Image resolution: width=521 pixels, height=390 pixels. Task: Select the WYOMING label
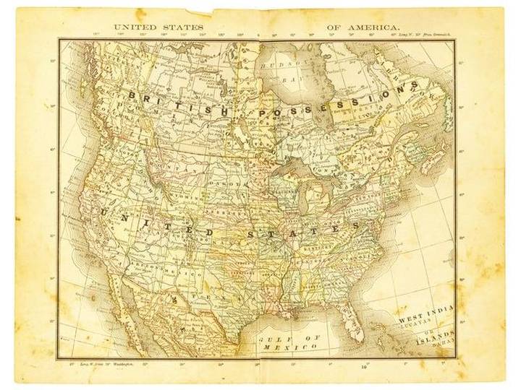174,196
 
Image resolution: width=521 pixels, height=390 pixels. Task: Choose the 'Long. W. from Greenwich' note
423,33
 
